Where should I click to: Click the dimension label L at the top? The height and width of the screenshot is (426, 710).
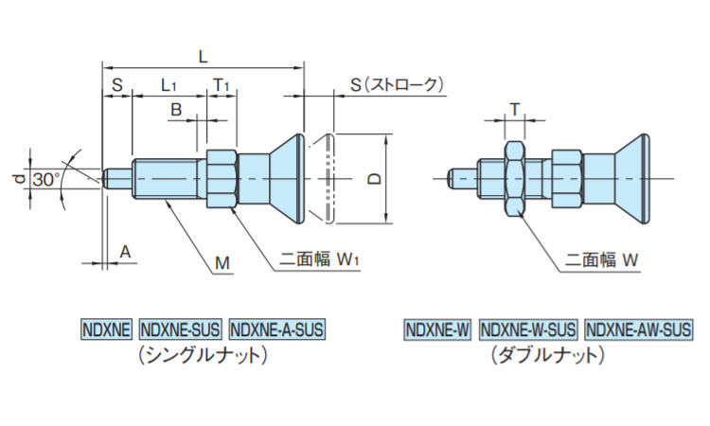203,56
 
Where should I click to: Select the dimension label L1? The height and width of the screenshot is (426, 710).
169,85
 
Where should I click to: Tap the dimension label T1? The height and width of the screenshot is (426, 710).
221,85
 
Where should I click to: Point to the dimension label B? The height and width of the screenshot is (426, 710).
175,111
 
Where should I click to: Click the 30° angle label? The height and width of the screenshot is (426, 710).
44,179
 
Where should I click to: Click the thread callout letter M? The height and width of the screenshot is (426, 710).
221,262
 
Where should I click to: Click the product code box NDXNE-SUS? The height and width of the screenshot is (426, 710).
180,329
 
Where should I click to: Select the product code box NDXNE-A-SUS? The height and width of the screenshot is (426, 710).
276,329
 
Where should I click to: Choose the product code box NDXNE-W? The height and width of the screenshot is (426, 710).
437,329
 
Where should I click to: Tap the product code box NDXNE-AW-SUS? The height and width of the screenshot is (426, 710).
638,329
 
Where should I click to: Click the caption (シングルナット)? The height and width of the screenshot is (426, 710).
204,355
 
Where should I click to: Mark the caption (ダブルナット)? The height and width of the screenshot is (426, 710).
547,355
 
